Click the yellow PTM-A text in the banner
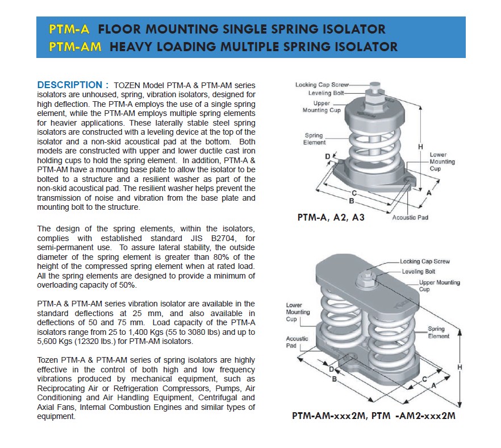pyautogui.click(x=69, y=29)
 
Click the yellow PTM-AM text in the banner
pyautogui.click(x=75, y=47)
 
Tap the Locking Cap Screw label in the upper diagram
pyautogui.click(x=322, y=85)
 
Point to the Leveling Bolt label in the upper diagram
pyautogui.click(x=326, y=93)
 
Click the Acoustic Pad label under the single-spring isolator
pyautogui.click(x=410, y=217)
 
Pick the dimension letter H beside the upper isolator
pyautogui.click(x=420, y=147)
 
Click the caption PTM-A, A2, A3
pyautogui.click(x=331, y=217)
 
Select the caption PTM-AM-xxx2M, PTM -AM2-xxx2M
pyautogui.click(x=374, y=416)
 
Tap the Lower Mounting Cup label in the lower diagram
pyautogui.click(x=298, y=312)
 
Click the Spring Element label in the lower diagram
pyautogui.click(x=439, y=332)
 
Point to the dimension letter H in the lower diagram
pyautogui.click(x=460, y=367)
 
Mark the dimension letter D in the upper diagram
pyautogui.click(x=328, y=156)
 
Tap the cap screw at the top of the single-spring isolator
pyautogui.click(x=375, y=86)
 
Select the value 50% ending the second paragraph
pyautogui.click(x=128, y=285)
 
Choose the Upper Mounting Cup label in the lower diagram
pyautogui.click(x=440, y=286)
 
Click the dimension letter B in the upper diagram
pyautogui.click(x=352, y=201)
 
